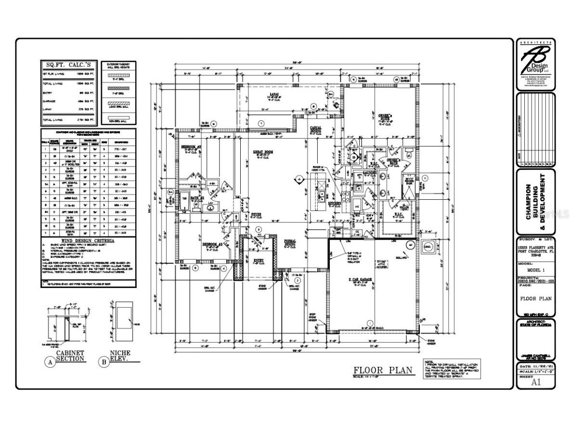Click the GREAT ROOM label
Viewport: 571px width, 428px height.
(263, 152)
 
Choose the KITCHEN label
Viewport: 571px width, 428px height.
(335, 203)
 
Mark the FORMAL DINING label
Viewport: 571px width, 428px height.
(289, 242)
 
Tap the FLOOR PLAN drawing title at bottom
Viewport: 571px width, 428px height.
(383, 370)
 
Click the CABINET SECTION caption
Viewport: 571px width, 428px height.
(70, 356)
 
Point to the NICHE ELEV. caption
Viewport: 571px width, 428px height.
(120, 356)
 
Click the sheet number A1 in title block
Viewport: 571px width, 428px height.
(535, 383)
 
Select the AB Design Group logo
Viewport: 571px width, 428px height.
(535, 65)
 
